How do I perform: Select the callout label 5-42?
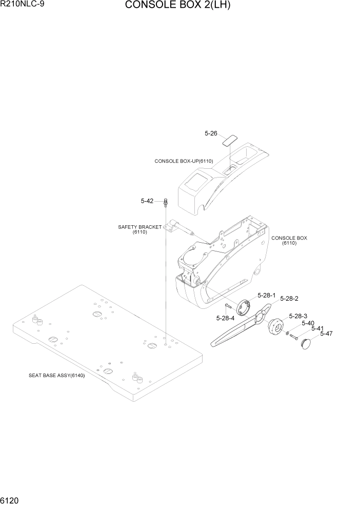(147, 201)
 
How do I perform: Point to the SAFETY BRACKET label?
(139, 227)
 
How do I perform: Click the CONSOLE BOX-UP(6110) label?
(184, 161)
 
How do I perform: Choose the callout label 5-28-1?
(267, 296)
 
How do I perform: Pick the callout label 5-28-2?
(289, 298)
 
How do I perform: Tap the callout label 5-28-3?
(298, 316)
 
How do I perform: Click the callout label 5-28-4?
(226, 318)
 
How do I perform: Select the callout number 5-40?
(308, 323)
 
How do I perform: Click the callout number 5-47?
(326, 334)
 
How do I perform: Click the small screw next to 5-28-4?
(229, 306)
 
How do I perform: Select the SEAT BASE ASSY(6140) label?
(56, 375)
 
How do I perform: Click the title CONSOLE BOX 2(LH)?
(177, 6)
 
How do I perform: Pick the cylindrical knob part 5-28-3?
(276, 328)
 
